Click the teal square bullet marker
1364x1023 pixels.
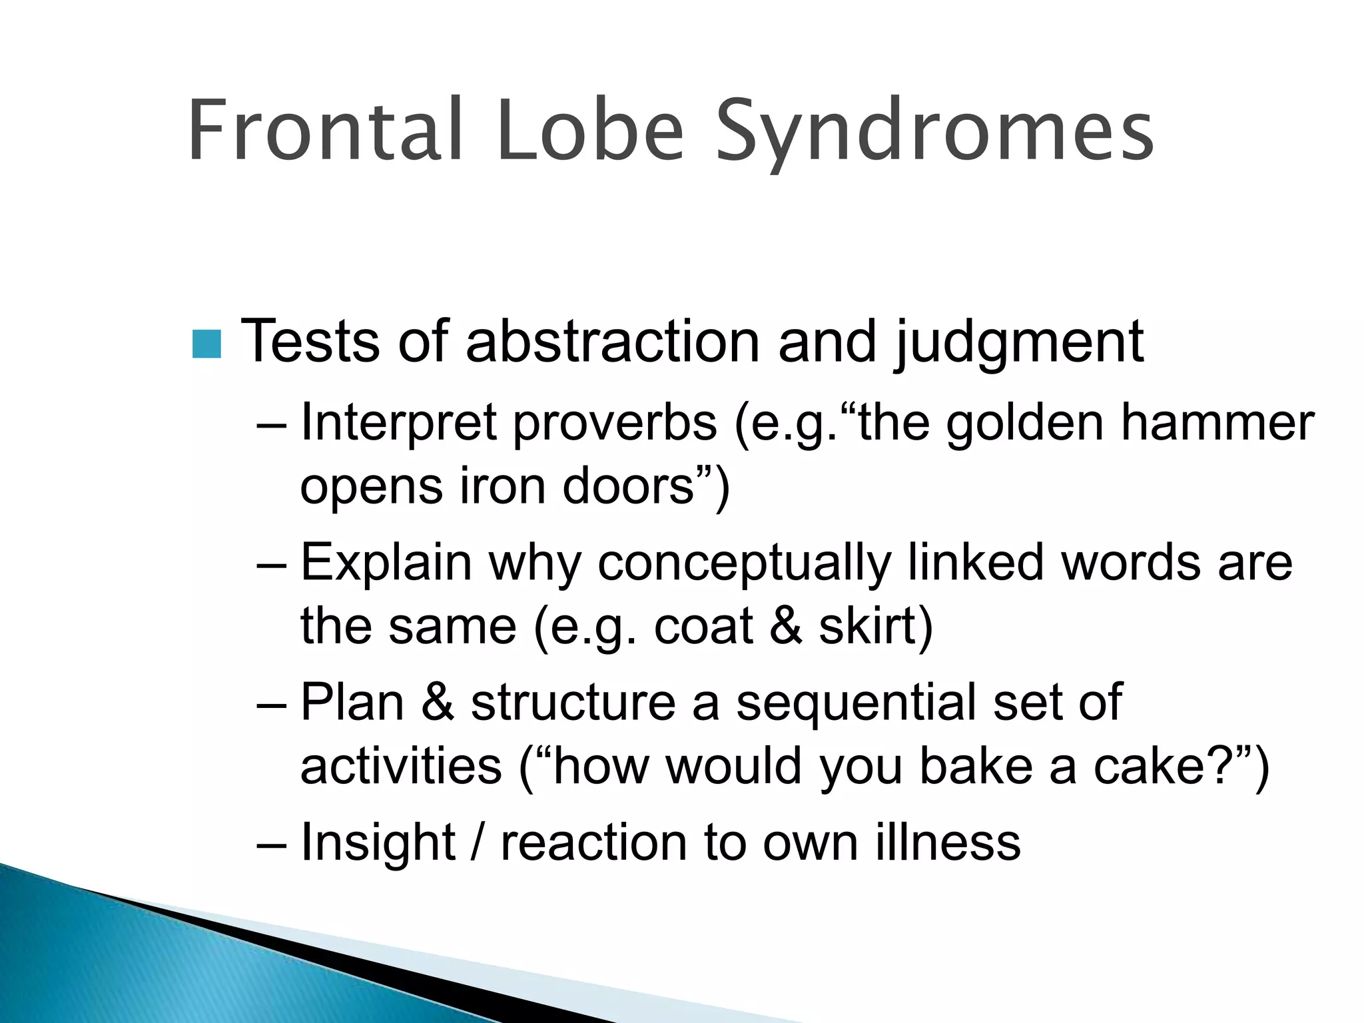tap(206, 344)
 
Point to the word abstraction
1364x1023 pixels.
tap(612, 341)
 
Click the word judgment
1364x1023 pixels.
tap(1018, 344)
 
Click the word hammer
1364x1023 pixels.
tap(1217, 424)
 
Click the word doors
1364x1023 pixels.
tap(629, 486)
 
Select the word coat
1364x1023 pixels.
tap(703, 627)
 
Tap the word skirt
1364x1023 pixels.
tap(868, 627)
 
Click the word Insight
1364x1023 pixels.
tap(378, 842)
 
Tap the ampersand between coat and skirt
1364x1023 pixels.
tap(786, 627)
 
